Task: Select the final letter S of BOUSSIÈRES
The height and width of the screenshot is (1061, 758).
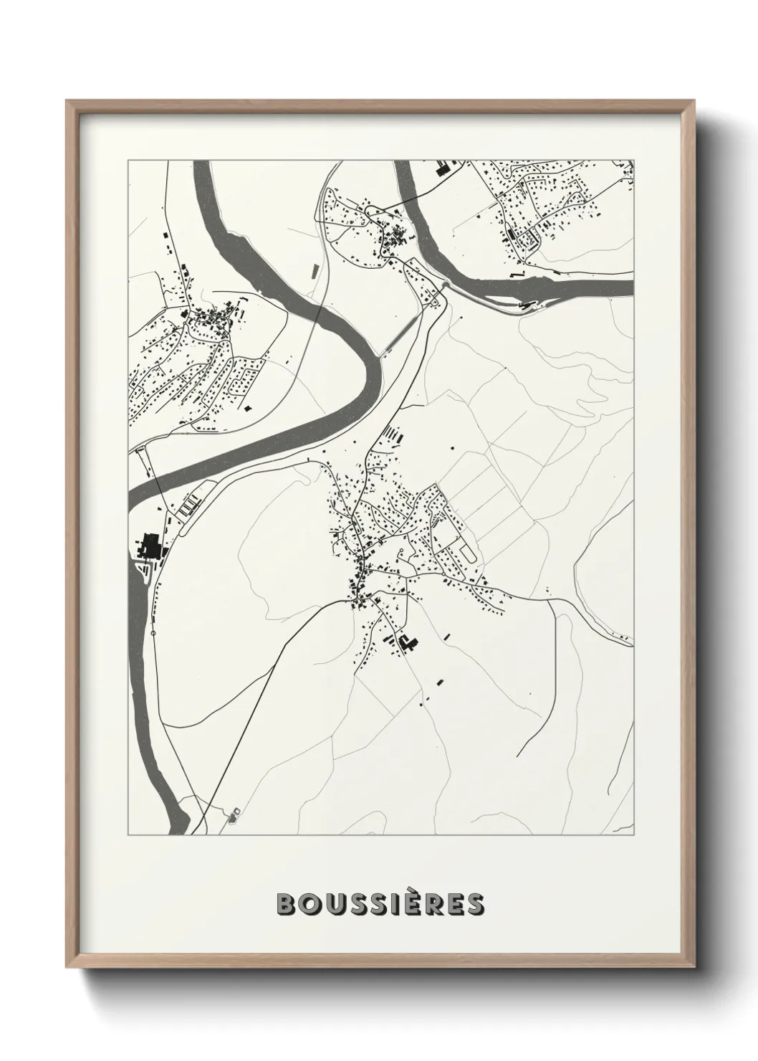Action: point(476,904)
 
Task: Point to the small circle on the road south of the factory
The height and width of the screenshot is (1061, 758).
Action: point(153,634)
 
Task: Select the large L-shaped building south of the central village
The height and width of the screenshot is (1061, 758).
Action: point(408,643)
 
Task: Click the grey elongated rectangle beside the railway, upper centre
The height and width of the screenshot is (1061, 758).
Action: point(313,270)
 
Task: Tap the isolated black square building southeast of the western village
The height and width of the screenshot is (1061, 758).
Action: point(249,407)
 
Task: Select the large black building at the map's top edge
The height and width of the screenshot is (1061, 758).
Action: point(441,170)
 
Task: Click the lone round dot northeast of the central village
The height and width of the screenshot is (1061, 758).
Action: point(453,447)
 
